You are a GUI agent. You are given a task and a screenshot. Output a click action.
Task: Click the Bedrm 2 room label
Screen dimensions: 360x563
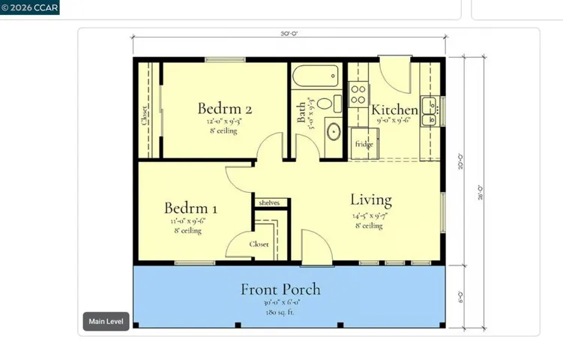224,107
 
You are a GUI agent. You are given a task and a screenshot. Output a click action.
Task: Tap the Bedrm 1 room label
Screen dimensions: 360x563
191,208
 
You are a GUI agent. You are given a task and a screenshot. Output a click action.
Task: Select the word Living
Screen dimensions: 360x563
371,200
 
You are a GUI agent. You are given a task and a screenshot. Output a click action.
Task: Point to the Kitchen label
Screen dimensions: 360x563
394,109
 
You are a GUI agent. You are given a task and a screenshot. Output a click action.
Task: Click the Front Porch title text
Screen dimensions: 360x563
280,289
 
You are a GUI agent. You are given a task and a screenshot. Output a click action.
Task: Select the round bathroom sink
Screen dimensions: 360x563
333,133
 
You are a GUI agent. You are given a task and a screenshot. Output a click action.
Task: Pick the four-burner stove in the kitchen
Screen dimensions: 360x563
358,94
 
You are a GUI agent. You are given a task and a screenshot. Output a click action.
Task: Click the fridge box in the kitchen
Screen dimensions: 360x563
364,143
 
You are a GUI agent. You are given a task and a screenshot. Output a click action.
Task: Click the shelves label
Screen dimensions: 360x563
268,203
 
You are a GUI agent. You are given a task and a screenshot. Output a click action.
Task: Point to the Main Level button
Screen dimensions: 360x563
106,322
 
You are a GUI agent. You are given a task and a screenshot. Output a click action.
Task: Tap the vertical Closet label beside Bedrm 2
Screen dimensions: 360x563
144,115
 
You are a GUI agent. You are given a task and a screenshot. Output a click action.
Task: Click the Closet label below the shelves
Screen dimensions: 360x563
259,244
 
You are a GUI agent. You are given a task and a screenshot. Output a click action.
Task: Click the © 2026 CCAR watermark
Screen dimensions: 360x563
30,7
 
